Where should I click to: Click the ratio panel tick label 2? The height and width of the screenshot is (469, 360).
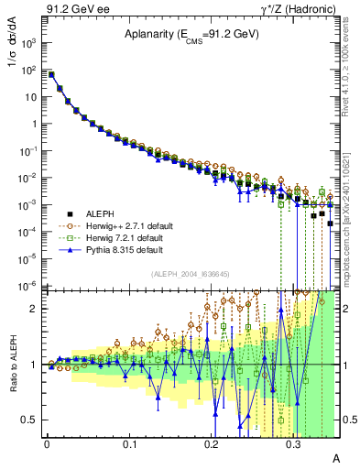pos(35,309)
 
